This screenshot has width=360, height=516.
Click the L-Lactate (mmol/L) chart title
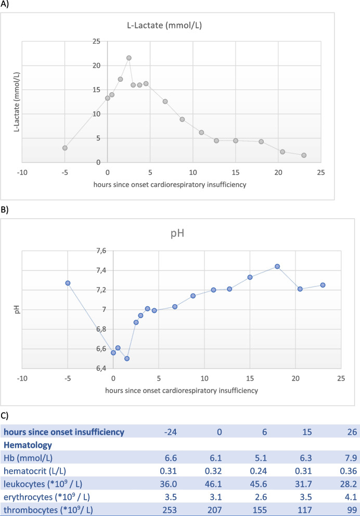164,26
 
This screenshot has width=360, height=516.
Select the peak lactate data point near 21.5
129,58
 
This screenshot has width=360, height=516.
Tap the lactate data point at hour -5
65,148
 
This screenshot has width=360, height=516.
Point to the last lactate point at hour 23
304,155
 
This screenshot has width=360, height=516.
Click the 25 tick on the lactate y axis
96,42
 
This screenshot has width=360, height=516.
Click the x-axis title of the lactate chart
170,185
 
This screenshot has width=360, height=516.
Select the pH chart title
177,234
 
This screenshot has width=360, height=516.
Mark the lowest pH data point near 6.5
127,358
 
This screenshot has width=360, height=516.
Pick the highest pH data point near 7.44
277,267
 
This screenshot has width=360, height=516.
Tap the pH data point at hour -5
68,283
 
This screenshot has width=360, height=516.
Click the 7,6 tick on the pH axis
101,251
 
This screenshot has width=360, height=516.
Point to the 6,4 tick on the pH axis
101,368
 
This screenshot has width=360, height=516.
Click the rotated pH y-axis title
17,309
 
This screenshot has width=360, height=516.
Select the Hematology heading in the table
28,445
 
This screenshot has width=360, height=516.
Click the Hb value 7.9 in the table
351,458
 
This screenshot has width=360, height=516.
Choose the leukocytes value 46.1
213,484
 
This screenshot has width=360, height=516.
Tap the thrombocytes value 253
170,510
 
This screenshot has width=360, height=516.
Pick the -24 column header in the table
171,432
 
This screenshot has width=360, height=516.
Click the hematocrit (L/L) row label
35,471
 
